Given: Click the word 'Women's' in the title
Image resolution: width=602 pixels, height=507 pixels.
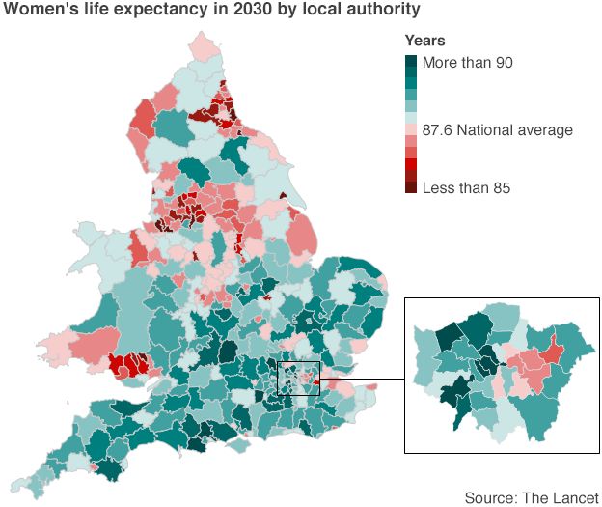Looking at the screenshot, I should (37, 12).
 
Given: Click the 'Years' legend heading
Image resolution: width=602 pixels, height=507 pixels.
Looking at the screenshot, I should (424, 42).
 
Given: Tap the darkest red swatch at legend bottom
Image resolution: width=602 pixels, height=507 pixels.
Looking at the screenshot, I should (411, 187).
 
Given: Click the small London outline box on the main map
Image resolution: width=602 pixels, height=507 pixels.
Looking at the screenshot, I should (298, 378).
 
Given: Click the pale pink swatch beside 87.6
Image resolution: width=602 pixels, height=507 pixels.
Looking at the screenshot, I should (411, 129).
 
